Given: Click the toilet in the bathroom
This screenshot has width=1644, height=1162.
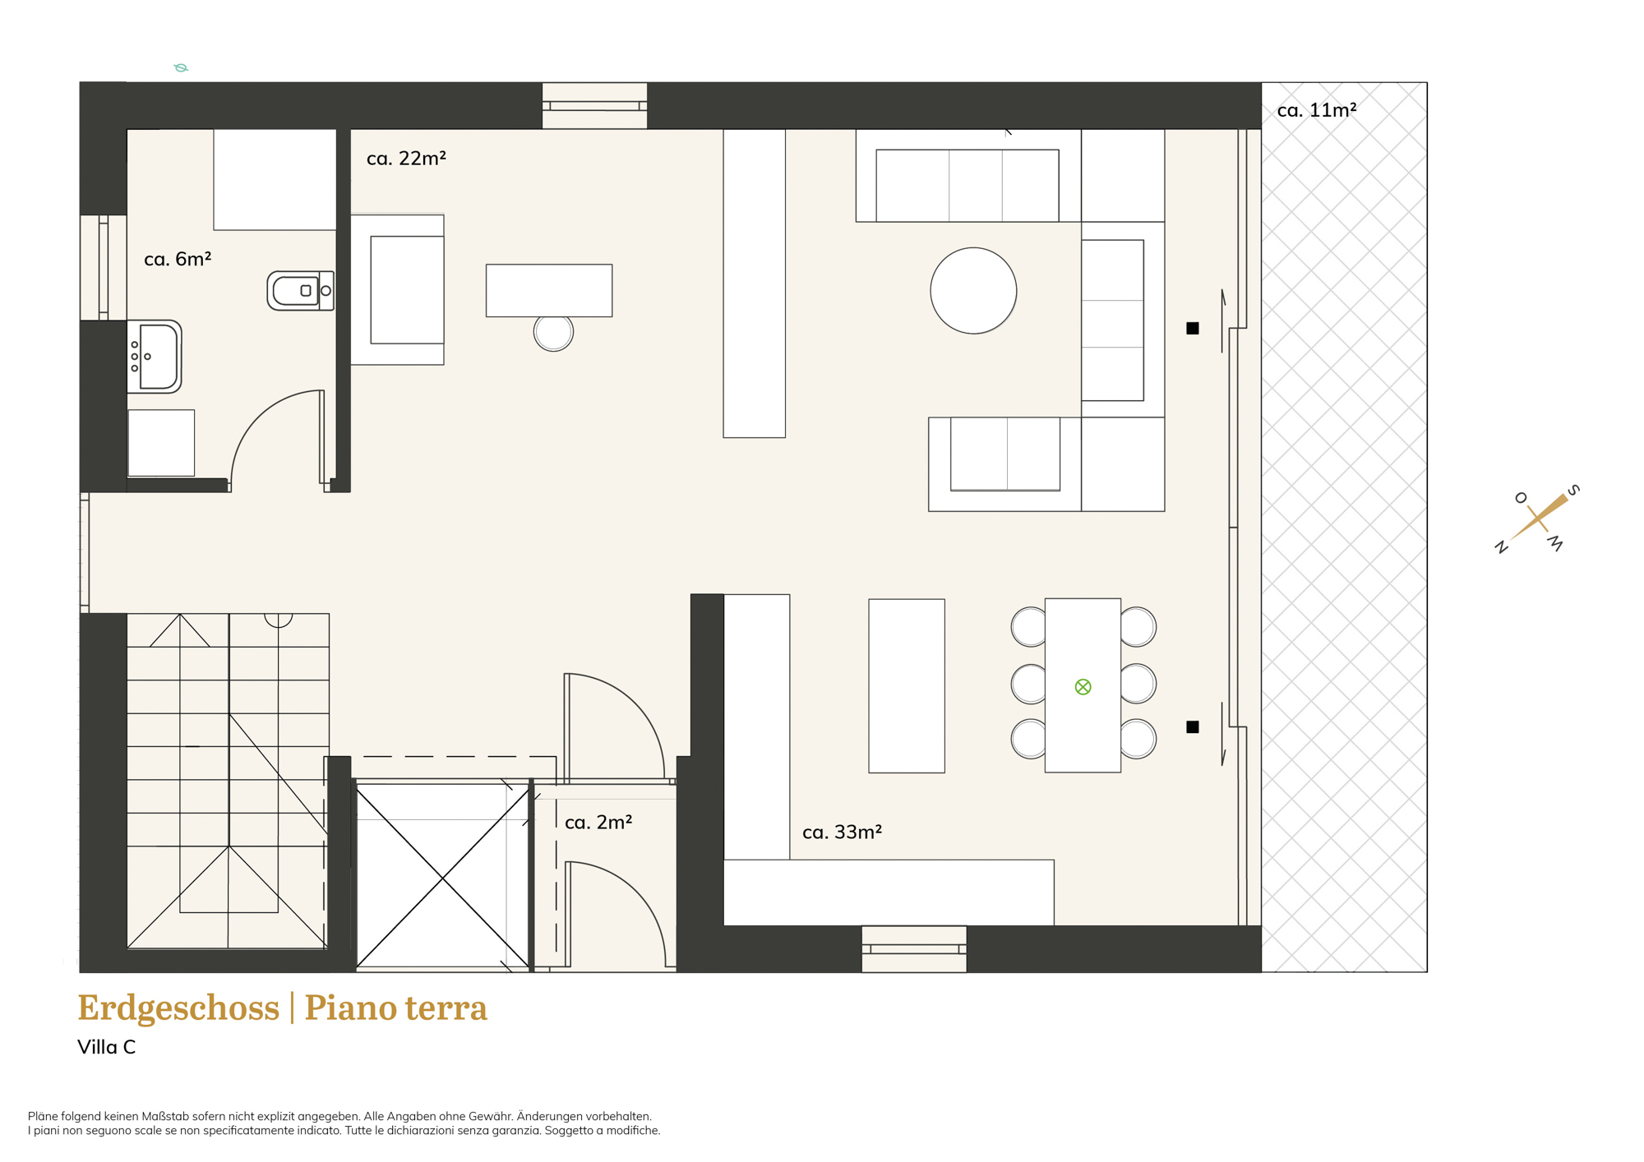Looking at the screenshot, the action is click(x=300, y=290).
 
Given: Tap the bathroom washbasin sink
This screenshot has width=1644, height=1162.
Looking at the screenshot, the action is click(x=155, y=357).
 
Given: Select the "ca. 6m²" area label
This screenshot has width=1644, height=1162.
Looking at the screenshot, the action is click(x=178, y=259).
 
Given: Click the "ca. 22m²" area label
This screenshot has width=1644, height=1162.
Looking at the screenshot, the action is click(x=406, y=158).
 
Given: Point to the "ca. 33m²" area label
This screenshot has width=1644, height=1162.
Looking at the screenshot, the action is click(x=842, y=832).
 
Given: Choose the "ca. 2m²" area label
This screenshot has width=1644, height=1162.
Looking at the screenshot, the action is click(x=598, y=822).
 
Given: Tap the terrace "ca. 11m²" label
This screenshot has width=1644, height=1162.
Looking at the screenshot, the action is click(x=1317, y=109).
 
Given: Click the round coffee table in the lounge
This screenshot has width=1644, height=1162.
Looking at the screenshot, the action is click(x=973, y=290).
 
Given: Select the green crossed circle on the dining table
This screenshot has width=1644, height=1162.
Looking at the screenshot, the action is click(x=1083, y=686).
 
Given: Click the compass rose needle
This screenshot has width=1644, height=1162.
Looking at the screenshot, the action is click(x=1539, y=517).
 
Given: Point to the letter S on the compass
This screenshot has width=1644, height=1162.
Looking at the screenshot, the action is click(x=1573, y=491).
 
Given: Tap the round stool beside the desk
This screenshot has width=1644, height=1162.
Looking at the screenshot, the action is click(x=553, y=332).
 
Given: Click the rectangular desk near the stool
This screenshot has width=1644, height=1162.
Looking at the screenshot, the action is click(x=549, y=290).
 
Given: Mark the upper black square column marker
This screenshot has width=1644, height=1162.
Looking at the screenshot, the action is click(x=1192, y=328).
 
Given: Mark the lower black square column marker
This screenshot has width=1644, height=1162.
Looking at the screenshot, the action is click(x=1192, y=726).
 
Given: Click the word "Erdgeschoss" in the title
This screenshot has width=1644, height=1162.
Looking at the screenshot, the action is click(x=178, y=1008).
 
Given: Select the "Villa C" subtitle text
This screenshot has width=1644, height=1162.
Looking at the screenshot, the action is click(x=106, y=1047).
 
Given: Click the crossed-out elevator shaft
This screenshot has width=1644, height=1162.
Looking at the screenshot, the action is click(x=442, y=878).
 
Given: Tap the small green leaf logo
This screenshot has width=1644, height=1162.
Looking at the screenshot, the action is click(x=181, y=67).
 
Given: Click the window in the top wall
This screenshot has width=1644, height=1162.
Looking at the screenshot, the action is click(x=594, y=105).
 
